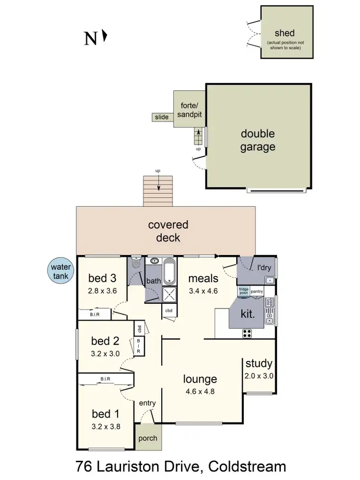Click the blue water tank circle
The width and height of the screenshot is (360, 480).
[60, 271]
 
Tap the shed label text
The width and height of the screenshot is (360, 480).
[285, 33]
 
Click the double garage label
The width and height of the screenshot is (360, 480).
[258, 140]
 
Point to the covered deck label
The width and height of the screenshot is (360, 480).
[168, 231]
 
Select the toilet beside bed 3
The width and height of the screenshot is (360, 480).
[136, 263]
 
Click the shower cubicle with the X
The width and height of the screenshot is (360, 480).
[169, 294]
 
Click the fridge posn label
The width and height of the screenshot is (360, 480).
[244, 291]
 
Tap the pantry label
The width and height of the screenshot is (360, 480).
[257, 291]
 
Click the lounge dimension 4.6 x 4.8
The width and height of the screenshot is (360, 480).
[200, 391]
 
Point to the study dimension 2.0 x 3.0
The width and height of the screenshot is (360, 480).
[259, 376]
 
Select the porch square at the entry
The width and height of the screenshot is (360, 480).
[147, 438]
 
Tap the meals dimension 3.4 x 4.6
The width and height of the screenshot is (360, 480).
[204, 290]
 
